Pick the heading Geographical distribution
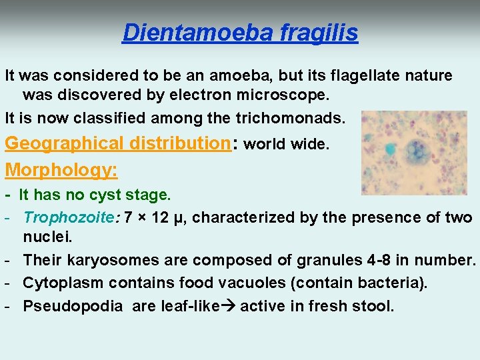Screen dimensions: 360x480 coord(117,143)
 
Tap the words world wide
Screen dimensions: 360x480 coord(287,145)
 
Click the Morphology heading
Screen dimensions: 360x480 coord(61,170)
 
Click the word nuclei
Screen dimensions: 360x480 coord(46,237)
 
